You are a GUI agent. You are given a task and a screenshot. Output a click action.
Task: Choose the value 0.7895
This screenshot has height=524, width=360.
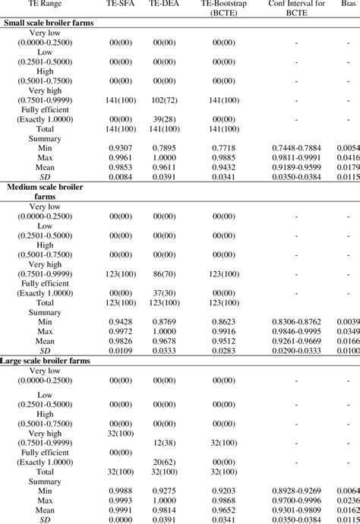[164, 147]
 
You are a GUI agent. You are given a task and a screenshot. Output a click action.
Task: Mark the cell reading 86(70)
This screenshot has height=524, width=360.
[164, 271]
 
